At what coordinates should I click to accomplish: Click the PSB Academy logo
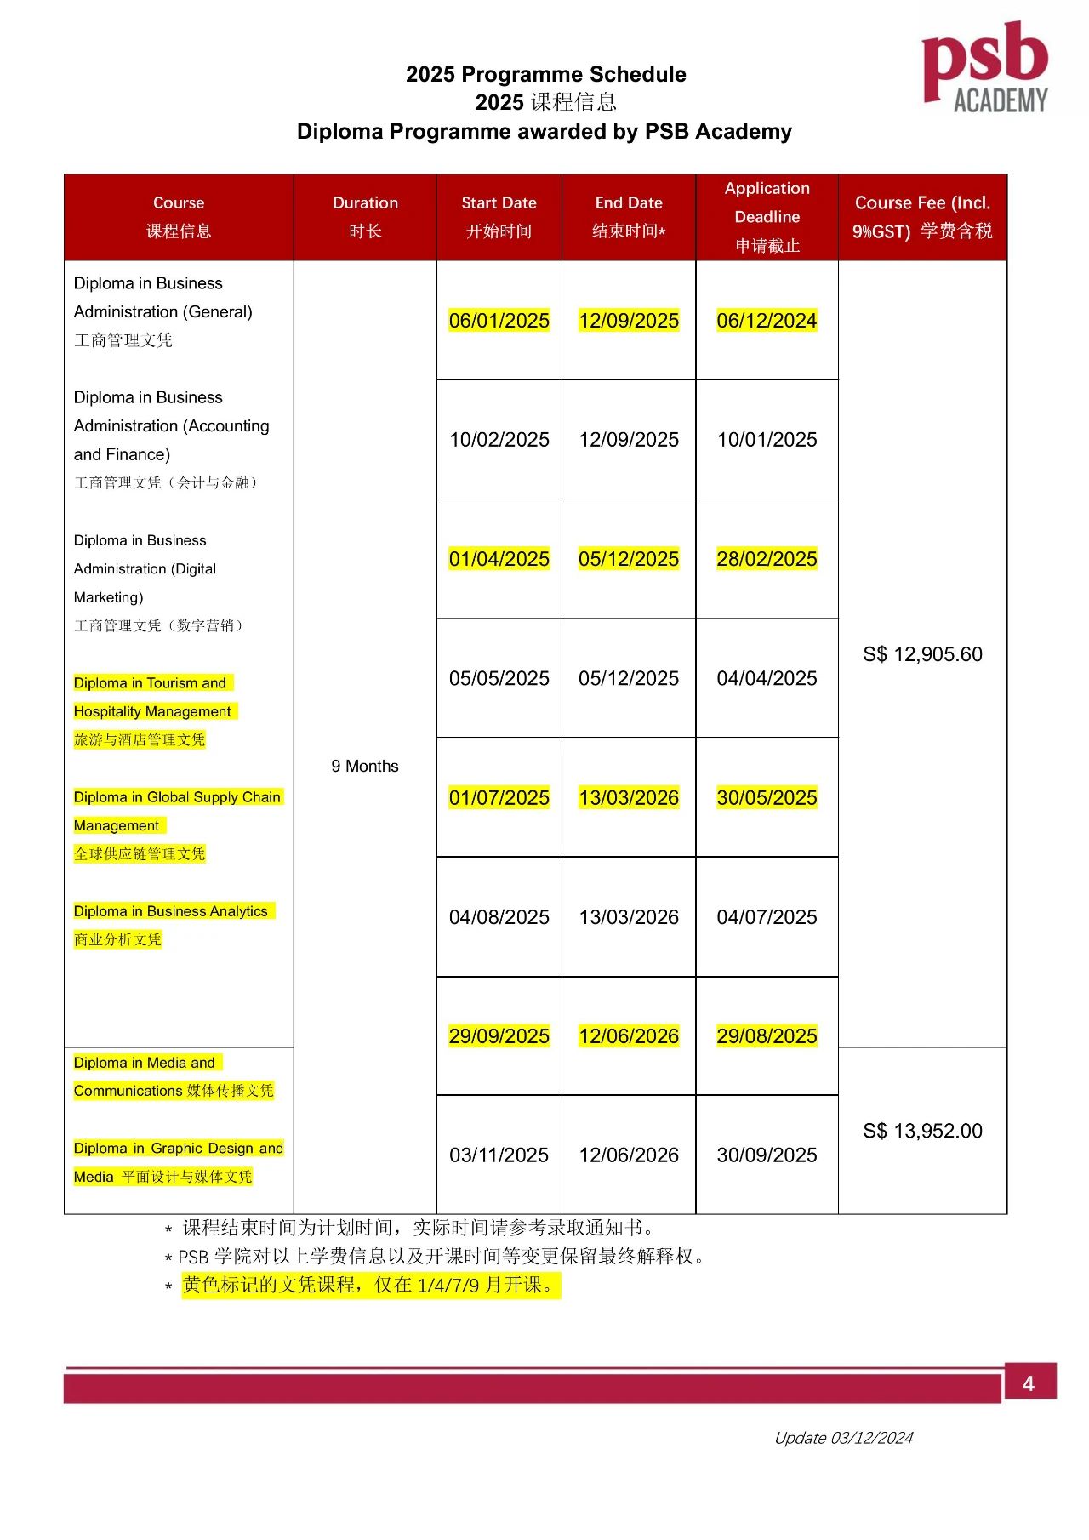984,68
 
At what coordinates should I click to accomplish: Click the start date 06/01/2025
499,321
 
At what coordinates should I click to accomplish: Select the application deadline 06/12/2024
767,321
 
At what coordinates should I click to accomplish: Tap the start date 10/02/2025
499,440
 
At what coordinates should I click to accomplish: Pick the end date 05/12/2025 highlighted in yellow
629,559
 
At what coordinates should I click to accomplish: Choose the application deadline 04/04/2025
767,678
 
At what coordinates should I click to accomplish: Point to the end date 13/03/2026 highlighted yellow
629,798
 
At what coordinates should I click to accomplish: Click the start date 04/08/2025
499,917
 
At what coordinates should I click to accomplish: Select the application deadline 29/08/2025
767,1036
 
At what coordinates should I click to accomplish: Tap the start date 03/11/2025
499,1155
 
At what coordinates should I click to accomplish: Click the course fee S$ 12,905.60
922,654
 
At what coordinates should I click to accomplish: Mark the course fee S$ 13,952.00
922,1131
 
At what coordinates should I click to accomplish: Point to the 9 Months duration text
365,767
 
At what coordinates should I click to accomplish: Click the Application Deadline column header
767,217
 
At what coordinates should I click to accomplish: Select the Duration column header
365,216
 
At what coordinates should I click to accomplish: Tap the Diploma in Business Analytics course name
171,911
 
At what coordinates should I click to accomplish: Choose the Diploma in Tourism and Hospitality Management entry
152,697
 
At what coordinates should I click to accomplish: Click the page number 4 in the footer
1029,1384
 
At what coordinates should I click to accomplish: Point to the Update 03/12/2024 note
843,1438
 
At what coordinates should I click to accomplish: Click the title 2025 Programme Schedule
545,74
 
